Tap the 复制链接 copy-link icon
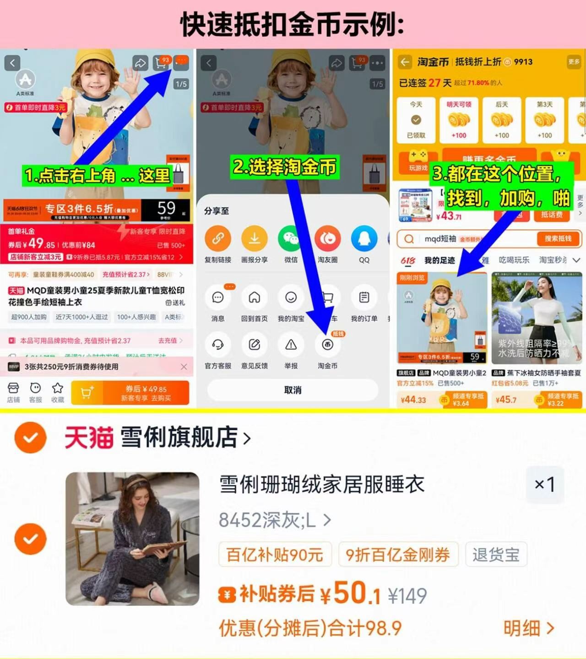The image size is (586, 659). [x=218, y=238]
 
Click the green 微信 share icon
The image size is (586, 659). [x=291, y=238]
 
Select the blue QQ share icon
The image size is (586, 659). [x=364, y=238]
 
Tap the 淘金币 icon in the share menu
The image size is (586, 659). [x=327, y=345]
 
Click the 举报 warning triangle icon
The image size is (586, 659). [x=291, y=345]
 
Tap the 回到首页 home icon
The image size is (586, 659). [x=254, y=298]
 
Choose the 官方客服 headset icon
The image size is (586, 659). [x=218, y=345]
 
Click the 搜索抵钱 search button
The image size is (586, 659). [x=558, y=238]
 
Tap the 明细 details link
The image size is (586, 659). [x=528, y=628]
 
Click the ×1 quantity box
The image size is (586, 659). [x=545, y=485]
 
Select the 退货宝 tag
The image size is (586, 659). [x=496, y=555]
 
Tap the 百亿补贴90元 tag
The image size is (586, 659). [x=275, y=555]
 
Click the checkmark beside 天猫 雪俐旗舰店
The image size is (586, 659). [x=31, y=438]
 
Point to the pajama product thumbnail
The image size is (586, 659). [x=132, y=539]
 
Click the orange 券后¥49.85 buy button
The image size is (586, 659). [x=146, y=393]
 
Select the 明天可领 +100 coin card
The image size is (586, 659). [x=459, y=120]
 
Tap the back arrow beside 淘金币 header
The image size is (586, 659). [x=405, y=62]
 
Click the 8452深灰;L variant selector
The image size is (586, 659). [x=275, y=520]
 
